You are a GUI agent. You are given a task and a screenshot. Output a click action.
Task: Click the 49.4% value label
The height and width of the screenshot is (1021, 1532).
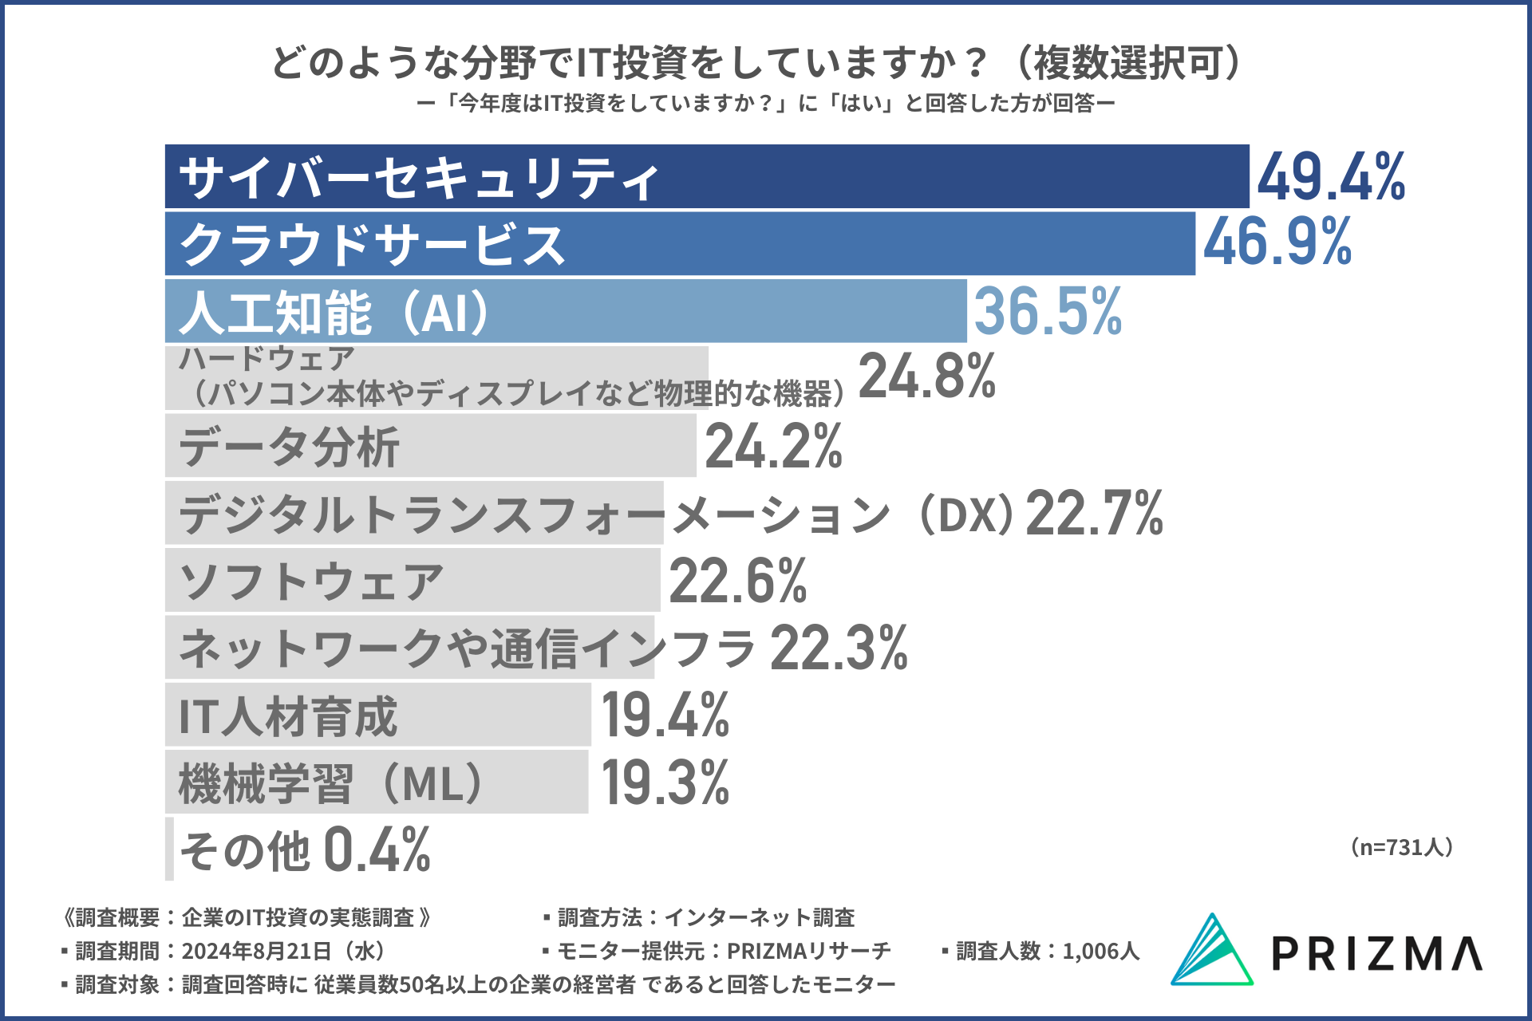pos(1331,176)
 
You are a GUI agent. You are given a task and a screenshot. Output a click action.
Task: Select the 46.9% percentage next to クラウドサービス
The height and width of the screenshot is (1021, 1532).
pos(1277,242)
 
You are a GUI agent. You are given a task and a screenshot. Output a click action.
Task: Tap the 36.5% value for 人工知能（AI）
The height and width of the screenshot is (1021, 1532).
pos(1048,311)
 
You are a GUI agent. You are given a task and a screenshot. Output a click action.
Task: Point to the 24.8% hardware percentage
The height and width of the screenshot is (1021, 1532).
pos(926,376)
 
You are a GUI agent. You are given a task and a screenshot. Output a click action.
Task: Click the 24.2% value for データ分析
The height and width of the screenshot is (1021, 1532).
pos(773,446)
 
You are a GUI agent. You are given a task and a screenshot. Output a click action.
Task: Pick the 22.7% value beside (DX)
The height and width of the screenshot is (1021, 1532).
pos(1094,513)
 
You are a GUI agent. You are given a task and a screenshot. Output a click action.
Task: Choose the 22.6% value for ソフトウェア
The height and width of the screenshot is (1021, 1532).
pos(738,581)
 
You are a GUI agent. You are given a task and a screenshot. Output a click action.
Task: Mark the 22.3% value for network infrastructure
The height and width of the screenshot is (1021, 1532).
pos(839,648)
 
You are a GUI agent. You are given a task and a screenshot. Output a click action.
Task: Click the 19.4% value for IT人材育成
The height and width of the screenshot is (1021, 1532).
pos(665,715)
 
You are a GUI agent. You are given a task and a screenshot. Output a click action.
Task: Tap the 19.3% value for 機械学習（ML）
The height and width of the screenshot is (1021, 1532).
pos(665,783)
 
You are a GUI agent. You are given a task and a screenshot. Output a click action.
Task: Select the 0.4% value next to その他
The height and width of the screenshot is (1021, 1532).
pos(377,850)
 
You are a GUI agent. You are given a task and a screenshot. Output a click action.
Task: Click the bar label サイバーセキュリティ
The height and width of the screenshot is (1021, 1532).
pos(419,178)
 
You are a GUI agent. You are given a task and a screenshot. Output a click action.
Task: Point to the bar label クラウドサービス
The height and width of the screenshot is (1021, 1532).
pos(373,244)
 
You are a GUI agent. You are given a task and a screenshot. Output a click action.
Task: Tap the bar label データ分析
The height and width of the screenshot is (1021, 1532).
pos(289,447)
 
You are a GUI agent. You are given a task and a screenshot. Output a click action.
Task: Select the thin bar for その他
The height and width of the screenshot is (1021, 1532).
pos(169,849)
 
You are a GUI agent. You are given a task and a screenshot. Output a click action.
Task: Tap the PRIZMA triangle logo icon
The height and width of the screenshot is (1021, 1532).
pos(1211,950)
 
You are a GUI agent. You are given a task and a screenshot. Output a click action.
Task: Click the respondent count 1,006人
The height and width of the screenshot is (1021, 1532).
pos(1101,951)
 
